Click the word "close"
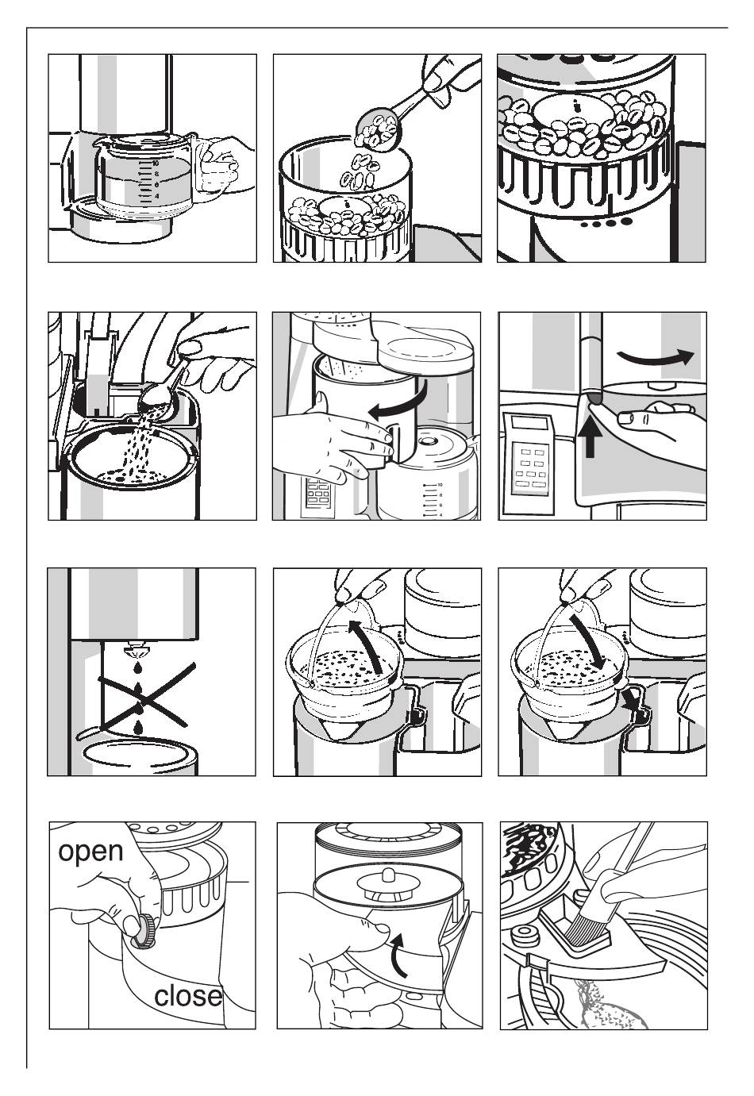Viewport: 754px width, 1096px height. pos(188,995)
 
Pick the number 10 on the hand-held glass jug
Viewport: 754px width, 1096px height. pos(156,163)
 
